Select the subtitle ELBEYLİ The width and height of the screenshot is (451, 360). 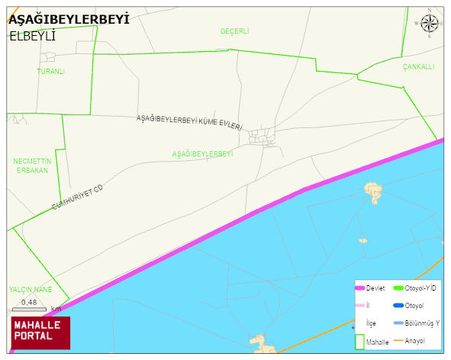coord(34,35)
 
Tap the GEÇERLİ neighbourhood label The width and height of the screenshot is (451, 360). coord(235,31)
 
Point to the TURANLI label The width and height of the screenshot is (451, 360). coord(51,72)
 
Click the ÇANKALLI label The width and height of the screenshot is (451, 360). coord(419,67)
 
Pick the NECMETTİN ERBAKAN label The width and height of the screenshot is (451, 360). coord(31,166)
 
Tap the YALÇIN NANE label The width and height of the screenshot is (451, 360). coord(31,290)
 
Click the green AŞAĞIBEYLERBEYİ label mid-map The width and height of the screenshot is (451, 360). coord(202,154)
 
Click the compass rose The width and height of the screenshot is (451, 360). coord(430,25)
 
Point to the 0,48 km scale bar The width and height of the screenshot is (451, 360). coord(31,307)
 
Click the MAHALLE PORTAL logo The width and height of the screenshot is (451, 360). coord(39,332)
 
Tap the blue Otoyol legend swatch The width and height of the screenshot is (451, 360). coord(399,305)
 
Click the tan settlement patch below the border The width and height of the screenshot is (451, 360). coord(374,191)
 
